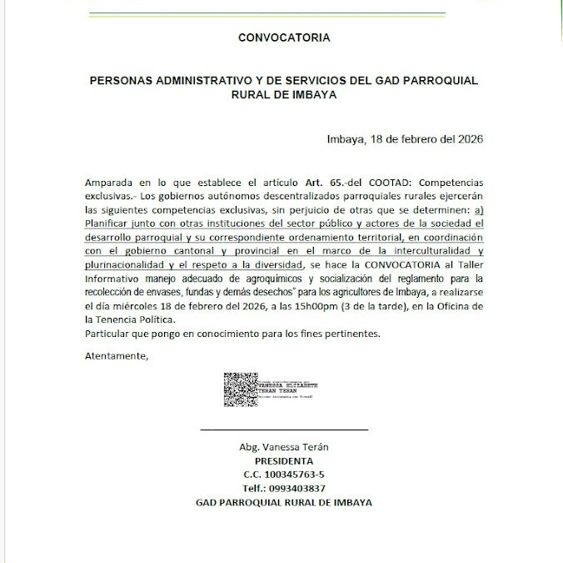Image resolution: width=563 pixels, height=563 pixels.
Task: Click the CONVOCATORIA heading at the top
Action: [x=284, y=38]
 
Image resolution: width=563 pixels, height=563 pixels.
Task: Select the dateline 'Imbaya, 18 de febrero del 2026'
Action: [x=406, y=138]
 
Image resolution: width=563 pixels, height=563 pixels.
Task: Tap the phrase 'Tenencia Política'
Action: [x=137, y=319]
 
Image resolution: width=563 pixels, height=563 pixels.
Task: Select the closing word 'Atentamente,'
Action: [x=117, y=357]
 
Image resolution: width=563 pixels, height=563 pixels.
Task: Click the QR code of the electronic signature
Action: [x=240, y=390]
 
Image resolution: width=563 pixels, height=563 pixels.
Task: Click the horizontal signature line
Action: [x=284, y=430]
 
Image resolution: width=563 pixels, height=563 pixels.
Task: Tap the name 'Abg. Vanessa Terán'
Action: [x=284, y=446]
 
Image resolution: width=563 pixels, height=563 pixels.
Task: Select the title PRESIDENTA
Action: [x=284, y=460]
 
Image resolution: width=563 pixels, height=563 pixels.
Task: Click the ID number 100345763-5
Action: [x=295, y=475]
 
